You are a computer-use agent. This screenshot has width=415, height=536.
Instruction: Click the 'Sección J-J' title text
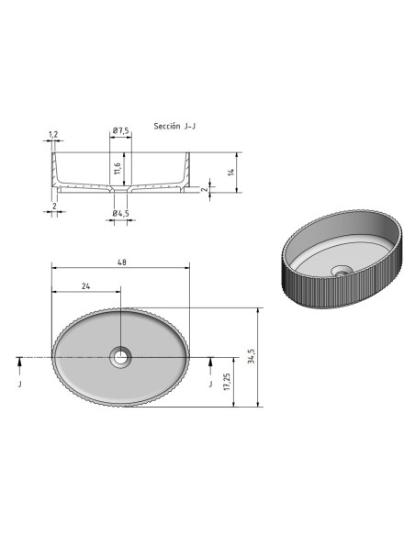coord(174,126)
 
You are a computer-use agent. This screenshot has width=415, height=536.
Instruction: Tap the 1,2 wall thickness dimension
coord(53,134)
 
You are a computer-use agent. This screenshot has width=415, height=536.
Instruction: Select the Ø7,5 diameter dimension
coord(120,130)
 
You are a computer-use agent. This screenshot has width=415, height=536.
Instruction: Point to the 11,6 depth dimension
coord(118,169)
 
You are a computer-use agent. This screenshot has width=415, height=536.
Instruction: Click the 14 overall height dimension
coord(231,173)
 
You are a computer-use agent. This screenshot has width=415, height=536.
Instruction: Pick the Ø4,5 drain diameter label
coord(120,214)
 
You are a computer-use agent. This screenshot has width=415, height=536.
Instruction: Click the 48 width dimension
coord(122,262)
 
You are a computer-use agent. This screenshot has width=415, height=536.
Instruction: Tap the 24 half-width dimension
coord(85,286)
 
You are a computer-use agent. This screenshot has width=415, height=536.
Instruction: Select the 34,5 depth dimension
coord(252,356)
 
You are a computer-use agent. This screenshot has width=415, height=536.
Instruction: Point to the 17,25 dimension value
coord(228,382)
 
